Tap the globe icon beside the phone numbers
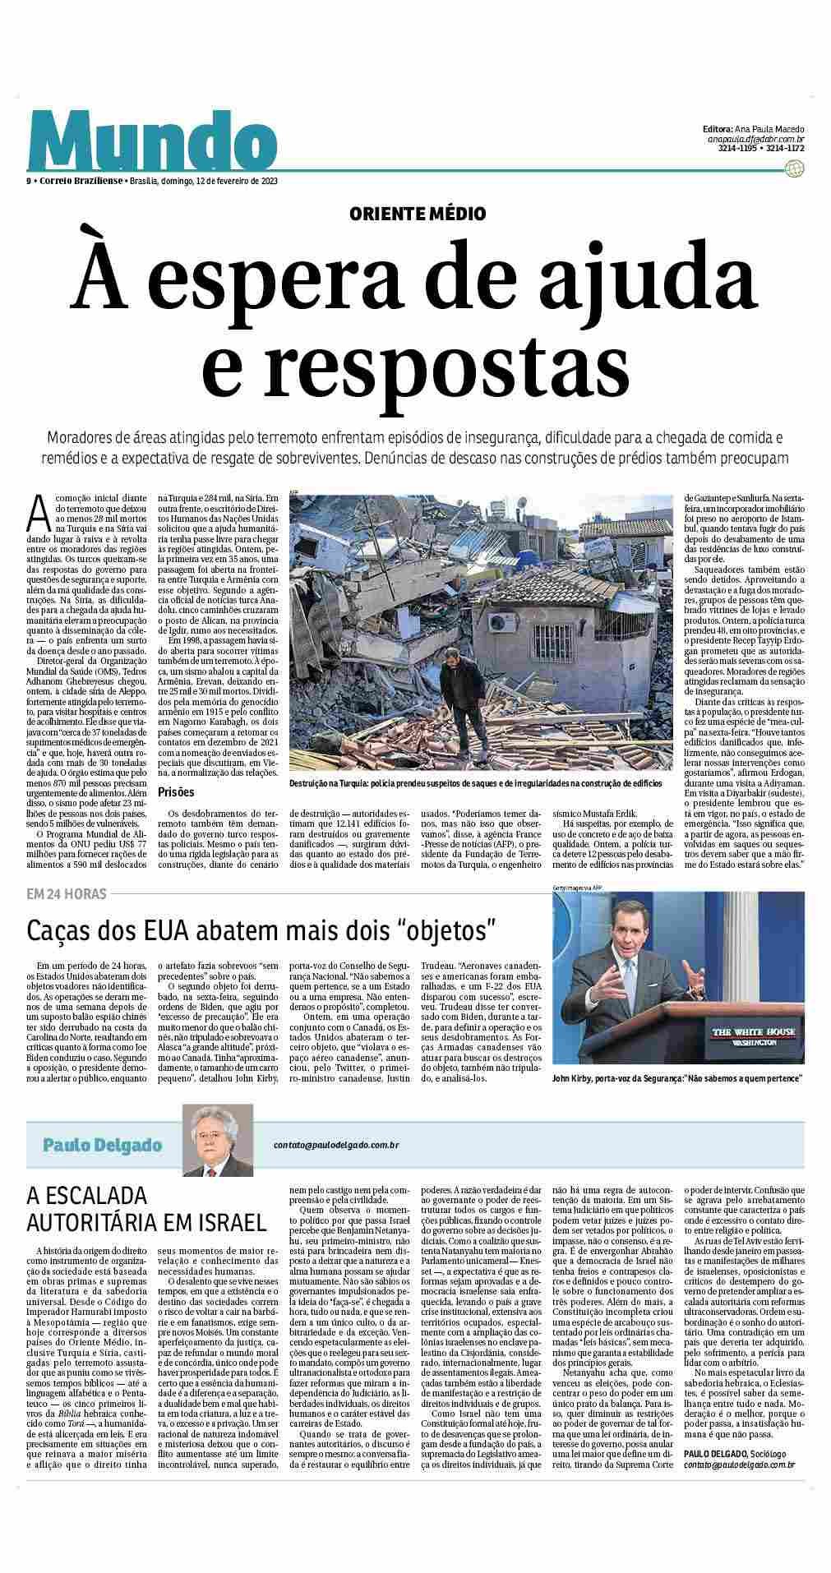[x=794, y=168]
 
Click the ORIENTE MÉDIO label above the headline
[x=417, y=214]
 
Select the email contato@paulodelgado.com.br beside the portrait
[x=336, y=1144]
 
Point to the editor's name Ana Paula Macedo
[x=765, y=129]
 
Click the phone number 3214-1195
[x=736, y=149]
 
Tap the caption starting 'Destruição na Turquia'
[x=475, y=783]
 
